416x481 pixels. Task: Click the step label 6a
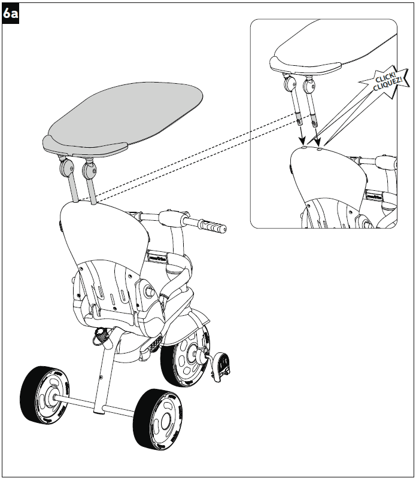click(11, 13)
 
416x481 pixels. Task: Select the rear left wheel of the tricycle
click(42, 396)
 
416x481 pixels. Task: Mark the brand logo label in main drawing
click(158, 255)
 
